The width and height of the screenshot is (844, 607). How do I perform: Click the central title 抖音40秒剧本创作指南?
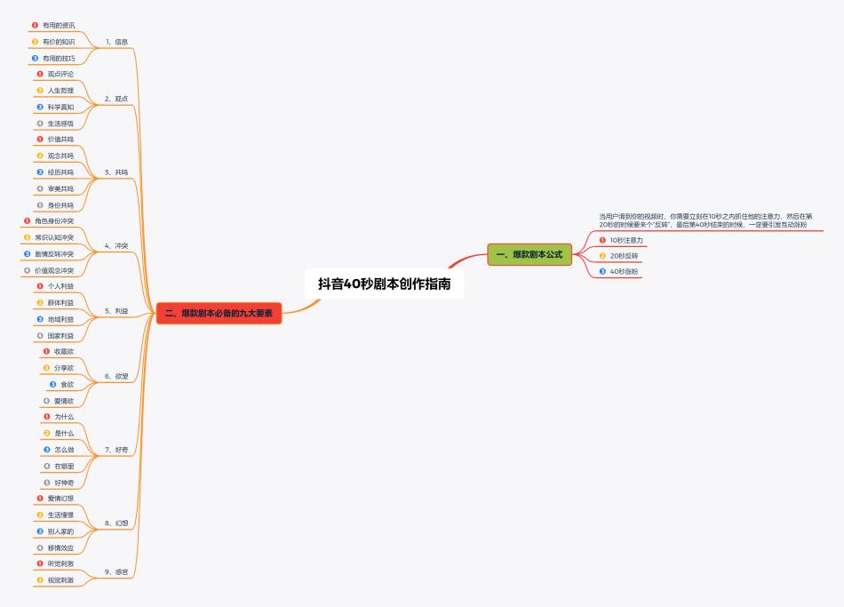tap(385, 284)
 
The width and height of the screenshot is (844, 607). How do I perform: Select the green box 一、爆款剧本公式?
tap(529, 254)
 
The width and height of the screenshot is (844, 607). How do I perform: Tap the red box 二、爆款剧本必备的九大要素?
tap(219, 314)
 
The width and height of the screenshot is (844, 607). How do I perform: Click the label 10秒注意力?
tap(626, 240)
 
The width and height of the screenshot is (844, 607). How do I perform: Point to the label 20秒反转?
tap(624, 256)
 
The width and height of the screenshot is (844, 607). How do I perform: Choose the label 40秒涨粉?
tap(624, 271)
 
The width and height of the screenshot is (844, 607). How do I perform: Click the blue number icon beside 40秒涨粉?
tap(602, 271)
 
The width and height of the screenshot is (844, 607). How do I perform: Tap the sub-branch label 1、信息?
tap(116, 42)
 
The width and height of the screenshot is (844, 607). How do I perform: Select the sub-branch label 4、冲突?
tap(116, 245)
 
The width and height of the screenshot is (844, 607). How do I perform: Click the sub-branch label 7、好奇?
tap(116, 450)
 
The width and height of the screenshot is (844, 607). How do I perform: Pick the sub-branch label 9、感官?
tap(116, 572)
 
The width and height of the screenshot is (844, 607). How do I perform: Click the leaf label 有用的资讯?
tap(59, 25)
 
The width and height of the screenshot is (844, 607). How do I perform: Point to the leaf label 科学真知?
tap(60, 108)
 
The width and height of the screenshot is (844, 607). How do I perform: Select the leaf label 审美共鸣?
tap(60, 189)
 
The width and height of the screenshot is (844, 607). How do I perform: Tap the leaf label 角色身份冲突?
tap(54, 220)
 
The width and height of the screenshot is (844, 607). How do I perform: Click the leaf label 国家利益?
tap(60, 336)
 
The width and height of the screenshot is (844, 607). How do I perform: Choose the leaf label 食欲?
tap(68, 385)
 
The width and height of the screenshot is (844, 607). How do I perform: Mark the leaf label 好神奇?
tap(64, 483)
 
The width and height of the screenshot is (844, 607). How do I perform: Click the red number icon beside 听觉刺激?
tap(40, 563)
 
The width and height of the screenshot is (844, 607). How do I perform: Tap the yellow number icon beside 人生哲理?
tap(40, 91)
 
